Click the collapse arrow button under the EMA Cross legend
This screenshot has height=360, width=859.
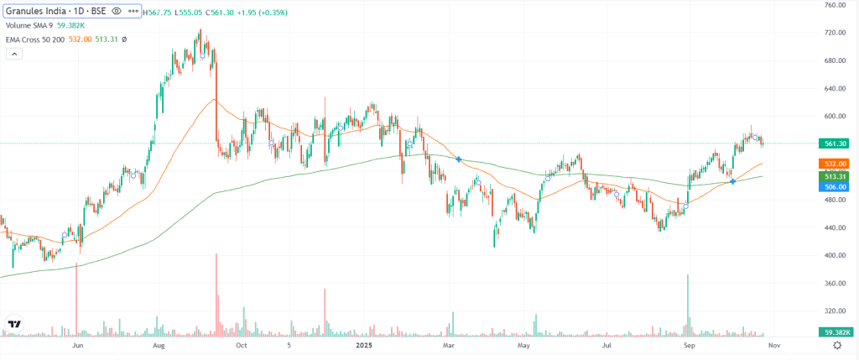[x=13, y=54]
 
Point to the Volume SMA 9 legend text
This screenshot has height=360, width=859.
[x=29, y=26]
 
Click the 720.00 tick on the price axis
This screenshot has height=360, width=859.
[x=834, y=33]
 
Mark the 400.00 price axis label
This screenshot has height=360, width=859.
[x=834, y=256]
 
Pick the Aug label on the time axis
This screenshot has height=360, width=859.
[x=158, y=345]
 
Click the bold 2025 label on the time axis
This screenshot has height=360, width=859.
[x=363, y=345]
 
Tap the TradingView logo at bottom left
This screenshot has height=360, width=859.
[x=14, y=323]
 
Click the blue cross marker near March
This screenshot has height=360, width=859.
[x=458, y=159]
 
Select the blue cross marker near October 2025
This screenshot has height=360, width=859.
[x=733, y=181]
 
